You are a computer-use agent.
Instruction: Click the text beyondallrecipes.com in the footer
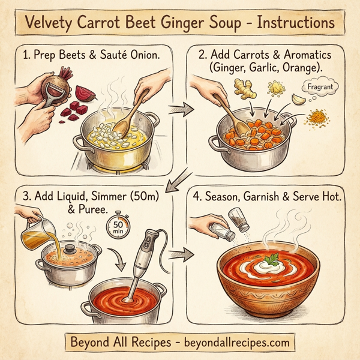(x=231, y=342)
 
